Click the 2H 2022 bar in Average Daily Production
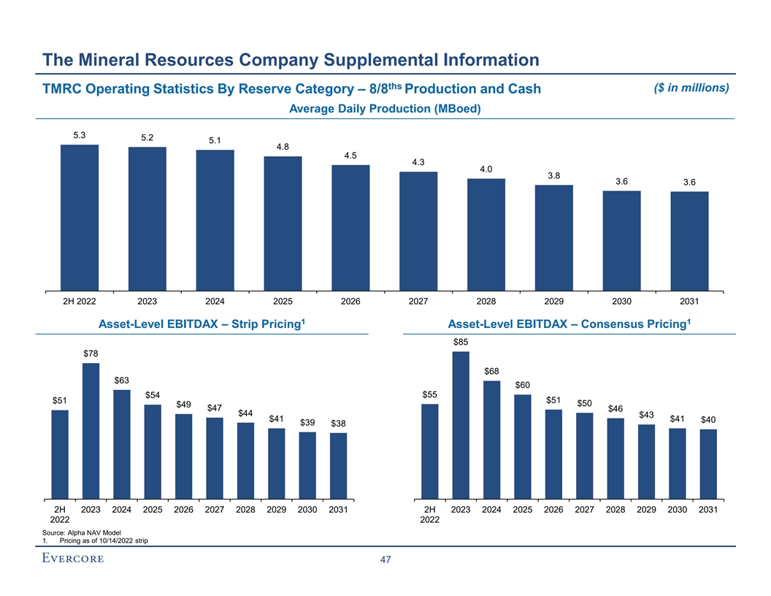[80, 217]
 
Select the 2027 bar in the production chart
[418, 231]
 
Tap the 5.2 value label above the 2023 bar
[147, 137]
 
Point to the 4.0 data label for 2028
[486, 169]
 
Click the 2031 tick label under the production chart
[689, 301]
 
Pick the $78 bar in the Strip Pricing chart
[91, 431]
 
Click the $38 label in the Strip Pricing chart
[338, 424]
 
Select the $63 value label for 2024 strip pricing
[122, 380]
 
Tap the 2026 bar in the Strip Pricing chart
[184, 456]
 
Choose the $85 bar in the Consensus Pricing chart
[461, 425]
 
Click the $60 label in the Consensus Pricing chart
[523, 385]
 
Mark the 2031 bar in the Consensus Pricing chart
[708, 464]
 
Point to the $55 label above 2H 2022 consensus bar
[430, 394]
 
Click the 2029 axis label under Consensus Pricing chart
[646, 510]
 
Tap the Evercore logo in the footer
[73, 559]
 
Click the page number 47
[385, 560]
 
